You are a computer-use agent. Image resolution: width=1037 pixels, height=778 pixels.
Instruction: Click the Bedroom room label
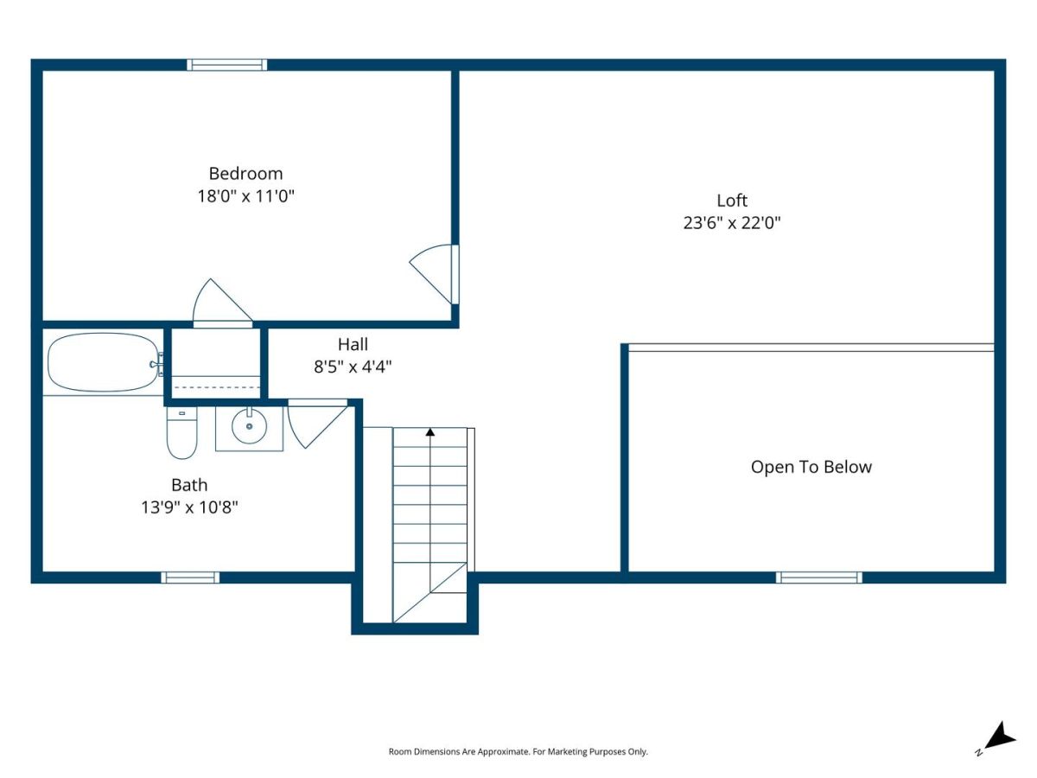tap(245, 174)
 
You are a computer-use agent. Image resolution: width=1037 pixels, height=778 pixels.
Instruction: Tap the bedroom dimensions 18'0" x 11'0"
tap(245, 195)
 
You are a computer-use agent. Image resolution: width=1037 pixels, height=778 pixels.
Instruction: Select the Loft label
tap(732, 201)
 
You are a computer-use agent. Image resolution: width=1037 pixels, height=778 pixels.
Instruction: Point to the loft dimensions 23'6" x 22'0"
tap(732, 222)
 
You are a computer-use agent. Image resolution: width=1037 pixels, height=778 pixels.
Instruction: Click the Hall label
tap(353, 344)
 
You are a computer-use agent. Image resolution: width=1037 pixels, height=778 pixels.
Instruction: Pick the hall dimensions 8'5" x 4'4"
tap(353, 366)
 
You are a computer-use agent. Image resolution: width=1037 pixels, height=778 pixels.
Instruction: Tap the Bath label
tap(189, 485)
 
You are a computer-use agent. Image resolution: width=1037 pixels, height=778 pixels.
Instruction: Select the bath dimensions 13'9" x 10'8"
tap(189, 507)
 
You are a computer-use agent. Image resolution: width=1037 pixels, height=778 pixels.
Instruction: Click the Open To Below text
tap(811, 467)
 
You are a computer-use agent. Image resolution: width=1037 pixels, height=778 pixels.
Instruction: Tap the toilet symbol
tap(181, 433)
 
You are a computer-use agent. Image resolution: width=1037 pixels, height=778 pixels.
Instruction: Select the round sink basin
tap(249, 426)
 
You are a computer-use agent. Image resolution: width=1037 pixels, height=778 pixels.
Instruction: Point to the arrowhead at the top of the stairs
tap(429, 431)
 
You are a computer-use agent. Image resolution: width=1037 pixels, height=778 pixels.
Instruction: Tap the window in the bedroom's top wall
tap(227, 65)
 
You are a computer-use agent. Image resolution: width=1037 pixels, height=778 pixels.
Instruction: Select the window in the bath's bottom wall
tap(190, 577)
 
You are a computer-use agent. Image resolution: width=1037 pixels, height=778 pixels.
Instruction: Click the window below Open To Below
tap(818, 577)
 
